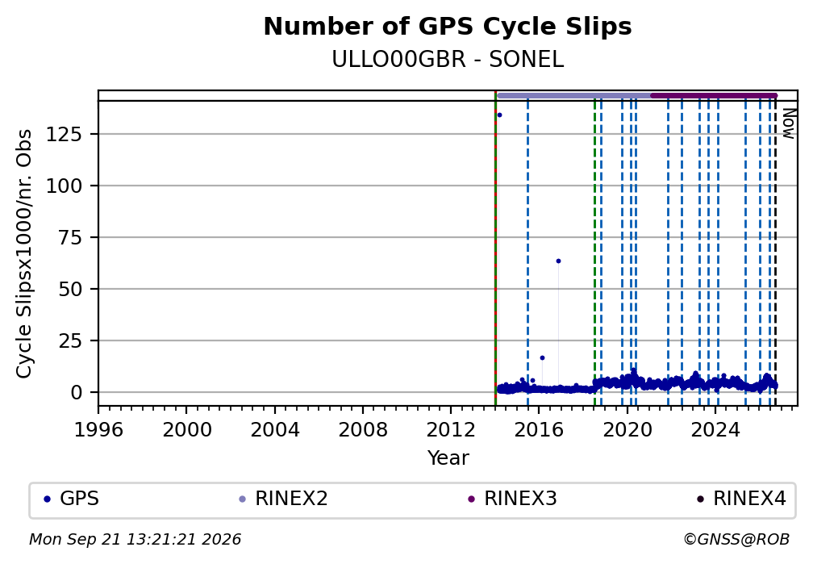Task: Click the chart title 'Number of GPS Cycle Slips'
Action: (448, 27)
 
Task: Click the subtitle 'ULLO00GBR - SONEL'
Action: (448, 60)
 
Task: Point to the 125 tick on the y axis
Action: (65, 135)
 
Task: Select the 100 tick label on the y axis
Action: (65, 186)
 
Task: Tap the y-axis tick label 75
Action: (70, 238)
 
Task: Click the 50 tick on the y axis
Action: (70, 289)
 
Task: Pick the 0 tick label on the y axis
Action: (77, 392)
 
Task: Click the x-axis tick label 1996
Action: (98, 430)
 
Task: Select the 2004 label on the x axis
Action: (275, 430)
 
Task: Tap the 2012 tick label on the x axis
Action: (451, 430)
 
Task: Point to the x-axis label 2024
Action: (715, 430)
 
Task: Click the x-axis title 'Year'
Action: (448, 458)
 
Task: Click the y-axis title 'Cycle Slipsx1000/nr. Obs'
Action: (24, 253)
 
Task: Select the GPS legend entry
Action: (72, 499)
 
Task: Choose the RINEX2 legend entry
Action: (283, 499)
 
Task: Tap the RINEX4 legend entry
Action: (741, 499)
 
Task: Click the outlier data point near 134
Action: (499, 115)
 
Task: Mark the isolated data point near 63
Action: (558, 261)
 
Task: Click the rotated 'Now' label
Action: (789, 123)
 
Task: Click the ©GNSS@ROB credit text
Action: (736, 540)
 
